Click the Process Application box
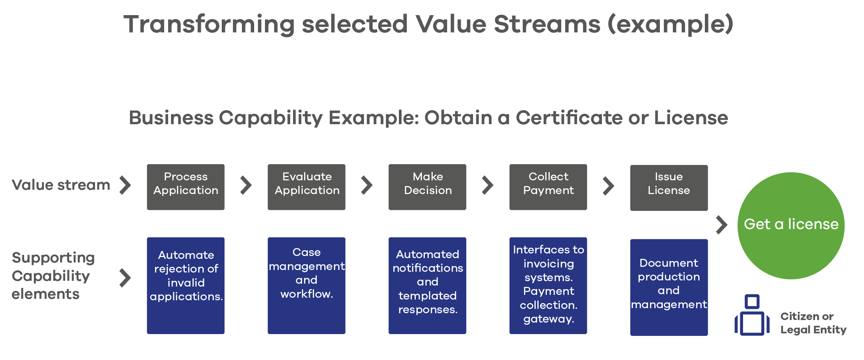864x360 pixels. tap(186, 187)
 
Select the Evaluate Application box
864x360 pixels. tap(307, 187)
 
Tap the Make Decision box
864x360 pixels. tap(427, 187)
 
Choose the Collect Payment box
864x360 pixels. tap(548, 187)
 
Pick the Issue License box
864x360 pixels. tap(669, 188)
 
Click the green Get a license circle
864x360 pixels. tap(791, 226)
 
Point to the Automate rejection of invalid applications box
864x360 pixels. tap(186, 285)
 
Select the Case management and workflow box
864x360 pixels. tap(307, 285)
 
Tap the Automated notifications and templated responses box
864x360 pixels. tap(427, 285)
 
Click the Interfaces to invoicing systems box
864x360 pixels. tap(548, 285)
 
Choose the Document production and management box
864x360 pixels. tap(669, 287)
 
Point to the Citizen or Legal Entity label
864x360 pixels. tap(813, 323)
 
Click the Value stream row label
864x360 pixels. tap(61, 185)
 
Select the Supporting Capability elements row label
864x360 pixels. tap(53, 276)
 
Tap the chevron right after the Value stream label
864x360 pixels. tap(125, 185)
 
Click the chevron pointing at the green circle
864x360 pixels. tap(722, 225)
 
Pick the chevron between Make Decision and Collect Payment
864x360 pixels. tap(488, 185)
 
